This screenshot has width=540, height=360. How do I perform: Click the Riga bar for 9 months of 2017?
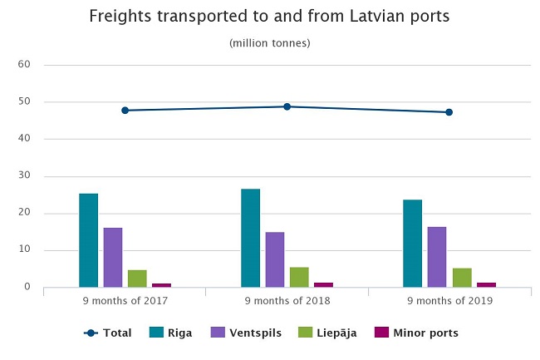pyautogui.click(x=89, y=240)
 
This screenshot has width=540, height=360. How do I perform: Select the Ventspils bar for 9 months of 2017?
pyautogui.click(x=113, y=257)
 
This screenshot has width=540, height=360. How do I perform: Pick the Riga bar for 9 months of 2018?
pyautogui.click(x=251, y=238)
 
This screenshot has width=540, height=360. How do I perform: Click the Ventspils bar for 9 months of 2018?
pyautogui.click(x=275, y=259)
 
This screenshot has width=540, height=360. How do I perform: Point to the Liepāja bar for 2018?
pyautogui.click(x=299, y=277)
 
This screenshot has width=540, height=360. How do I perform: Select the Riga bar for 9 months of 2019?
pyautogui.click(x=413, y=243)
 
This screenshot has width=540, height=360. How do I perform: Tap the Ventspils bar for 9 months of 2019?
pyautogui.click(x=437, y=257)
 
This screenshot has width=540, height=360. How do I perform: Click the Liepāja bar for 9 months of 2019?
pyautogui.click(x=461, y=278)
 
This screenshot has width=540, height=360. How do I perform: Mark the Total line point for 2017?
pyautogui.click(x=125, y=110)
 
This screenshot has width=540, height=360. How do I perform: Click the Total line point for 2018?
pyautogui.click(x=287, y=106)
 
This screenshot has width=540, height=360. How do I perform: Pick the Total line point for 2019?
pyautogui.click(x=449, y=111)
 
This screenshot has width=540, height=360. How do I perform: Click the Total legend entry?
pyautogui.click(x=109, y=333)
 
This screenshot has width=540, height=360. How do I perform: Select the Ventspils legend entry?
pyautogui.click(x=246, y=333)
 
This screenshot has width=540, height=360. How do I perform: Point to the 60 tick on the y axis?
pyautogui.click(x=24, y=65)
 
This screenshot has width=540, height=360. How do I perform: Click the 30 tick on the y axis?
pyautogui.click(x=24, y=176)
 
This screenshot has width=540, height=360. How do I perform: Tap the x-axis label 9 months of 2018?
pyautogui.click(x=287, y=301)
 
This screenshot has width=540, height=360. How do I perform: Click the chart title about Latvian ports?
pyautogui.click(x=269, y=16)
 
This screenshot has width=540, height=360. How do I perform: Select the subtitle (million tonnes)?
pyautogui.click(x=269, y=42)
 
